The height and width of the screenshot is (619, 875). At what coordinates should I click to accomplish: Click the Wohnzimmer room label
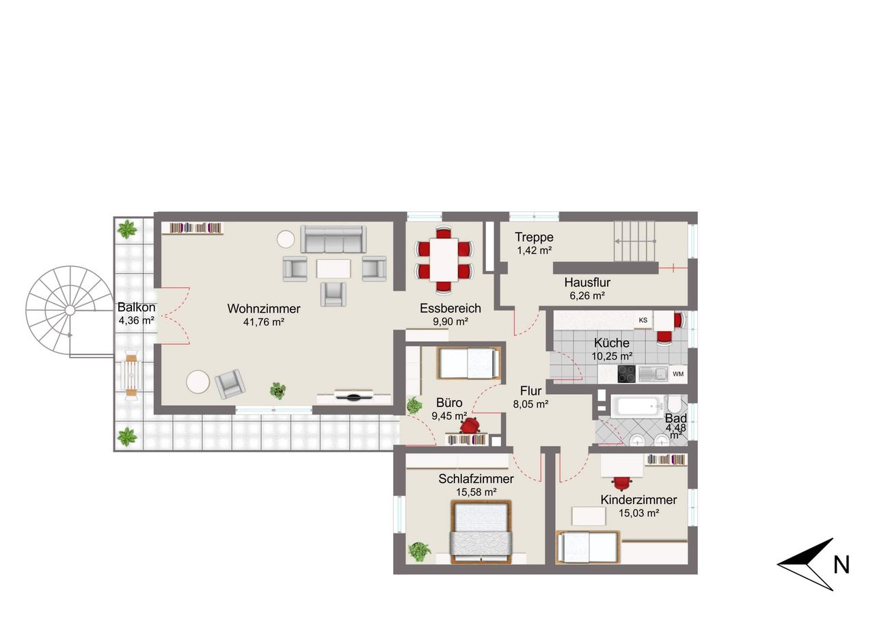(x=264, y=308)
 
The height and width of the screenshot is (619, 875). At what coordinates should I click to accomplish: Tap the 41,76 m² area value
(x=264, y=322)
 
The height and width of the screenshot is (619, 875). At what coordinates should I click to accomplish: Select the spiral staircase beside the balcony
(x=70, y=311)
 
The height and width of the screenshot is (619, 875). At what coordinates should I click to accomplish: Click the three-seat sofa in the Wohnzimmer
(x=333, y=239)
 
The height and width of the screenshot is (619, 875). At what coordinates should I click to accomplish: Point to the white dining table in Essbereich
(x=444, y=259)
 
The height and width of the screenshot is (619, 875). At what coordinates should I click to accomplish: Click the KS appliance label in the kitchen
(x=643, y=320)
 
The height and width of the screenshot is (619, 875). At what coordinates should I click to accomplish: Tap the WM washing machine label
(x=678, y=374)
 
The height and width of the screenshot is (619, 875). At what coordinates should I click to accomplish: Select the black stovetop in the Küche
(x=627, y=373)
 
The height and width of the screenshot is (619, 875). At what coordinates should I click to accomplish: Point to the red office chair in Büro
(x=470, y=425)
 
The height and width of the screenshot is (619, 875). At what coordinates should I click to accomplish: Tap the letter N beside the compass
(x=842, y=565)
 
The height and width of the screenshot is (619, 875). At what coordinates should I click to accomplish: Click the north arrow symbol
(x=806, y=564)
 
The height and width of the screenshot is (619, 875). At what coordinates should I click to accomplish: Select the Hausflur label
(x=587, y=282)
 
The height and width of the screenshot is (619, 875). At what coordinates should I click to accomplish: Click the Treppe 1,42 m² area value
(x=535, y=250)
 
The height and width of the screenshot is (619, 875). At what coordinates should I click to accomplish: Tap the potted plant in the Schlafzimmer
(x=419, y=551)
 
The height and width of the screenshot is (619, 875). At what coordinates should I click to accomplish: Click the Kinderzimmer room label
(x=638, y=499)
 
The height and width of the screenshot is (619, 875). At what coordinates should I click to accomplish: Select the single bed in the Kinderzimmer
(x=588, y=547)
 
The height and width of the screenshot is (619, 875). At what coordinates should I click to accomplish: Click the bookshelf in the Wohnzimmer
(x=192, y=228)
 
